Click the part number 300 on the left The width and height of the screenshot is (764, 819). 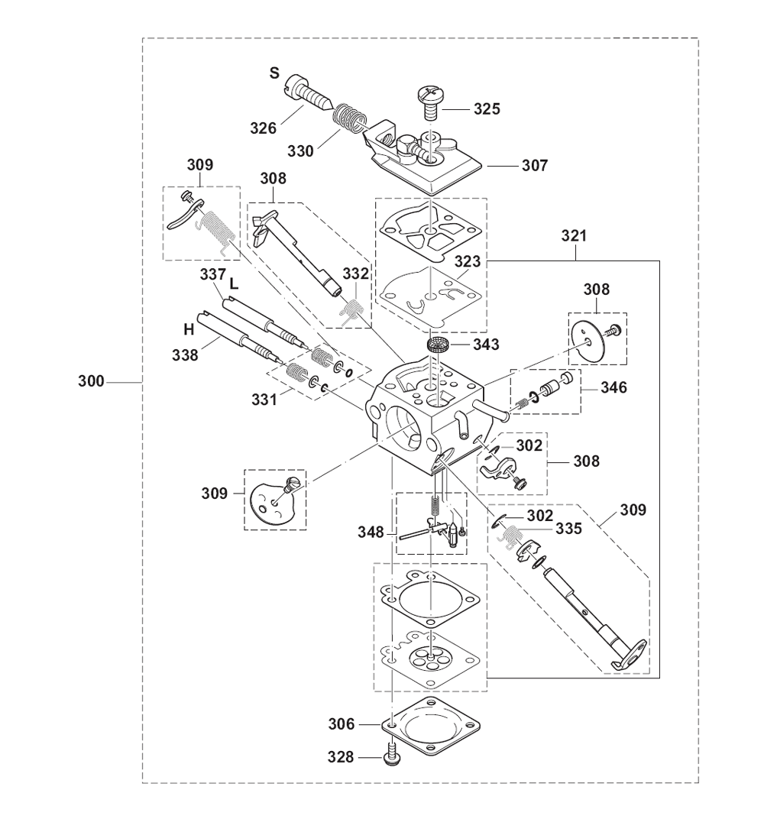pos(92,382)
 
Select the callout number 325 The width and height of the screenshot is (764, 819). pos(487,109)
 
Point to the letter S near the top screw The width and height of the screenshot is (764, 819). pos(274,73)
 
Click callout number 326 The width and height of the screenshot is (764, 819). pos(263,128)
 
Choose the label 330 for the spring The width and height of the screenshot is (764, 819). pos(301,151)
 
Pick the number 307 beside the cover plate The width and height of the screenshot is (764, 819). pos(535,166)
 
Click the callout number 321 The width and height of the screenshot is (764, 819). pos(575,236)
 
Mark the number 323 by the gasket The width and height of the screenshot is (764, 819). pos(468,262)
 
